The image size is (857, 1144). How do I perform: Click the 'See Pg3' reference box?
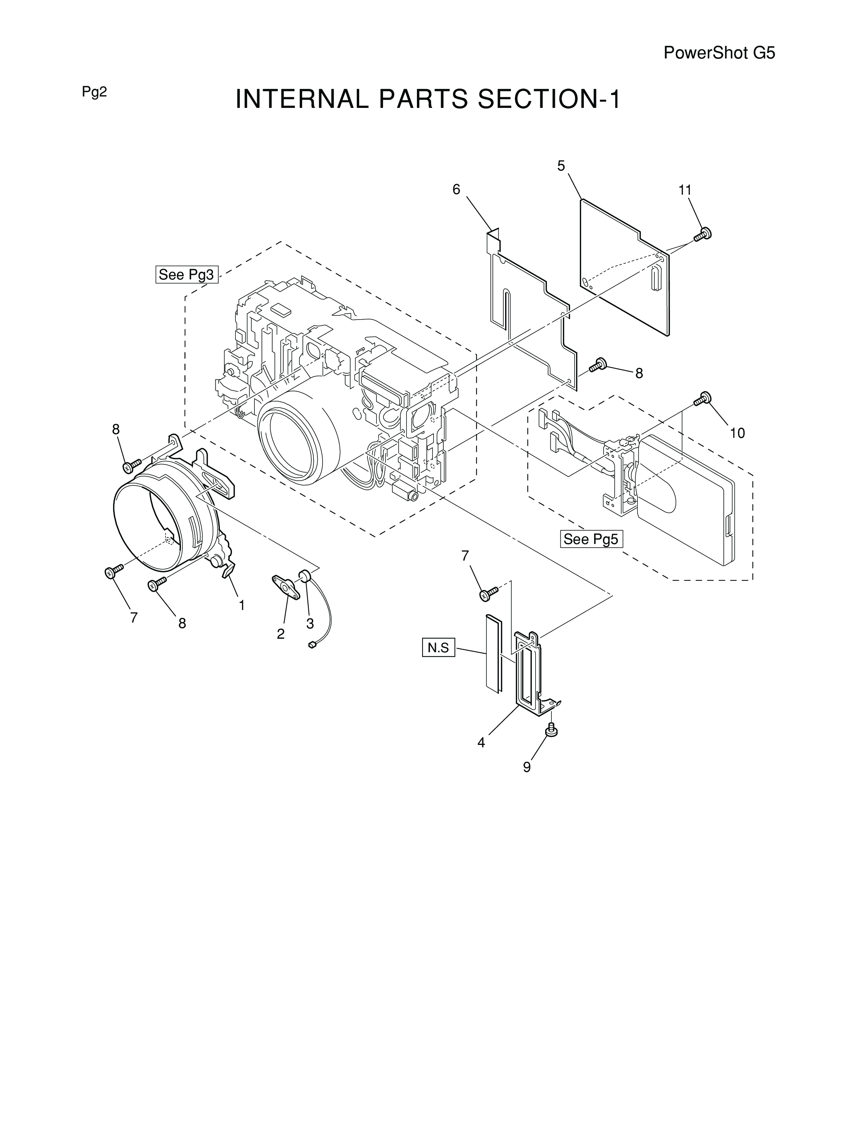click(x=187, y=274)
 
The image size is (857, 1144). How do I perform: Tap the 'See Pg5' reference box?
click(x=591, y=539)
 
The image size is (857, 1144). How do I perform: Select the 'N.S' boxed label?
click(x=438, y=647)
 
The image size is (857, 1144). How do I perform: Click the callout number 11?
click(x=685, y=190)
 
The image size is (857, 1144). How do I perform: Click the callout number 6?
click(x=456, y=190)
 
